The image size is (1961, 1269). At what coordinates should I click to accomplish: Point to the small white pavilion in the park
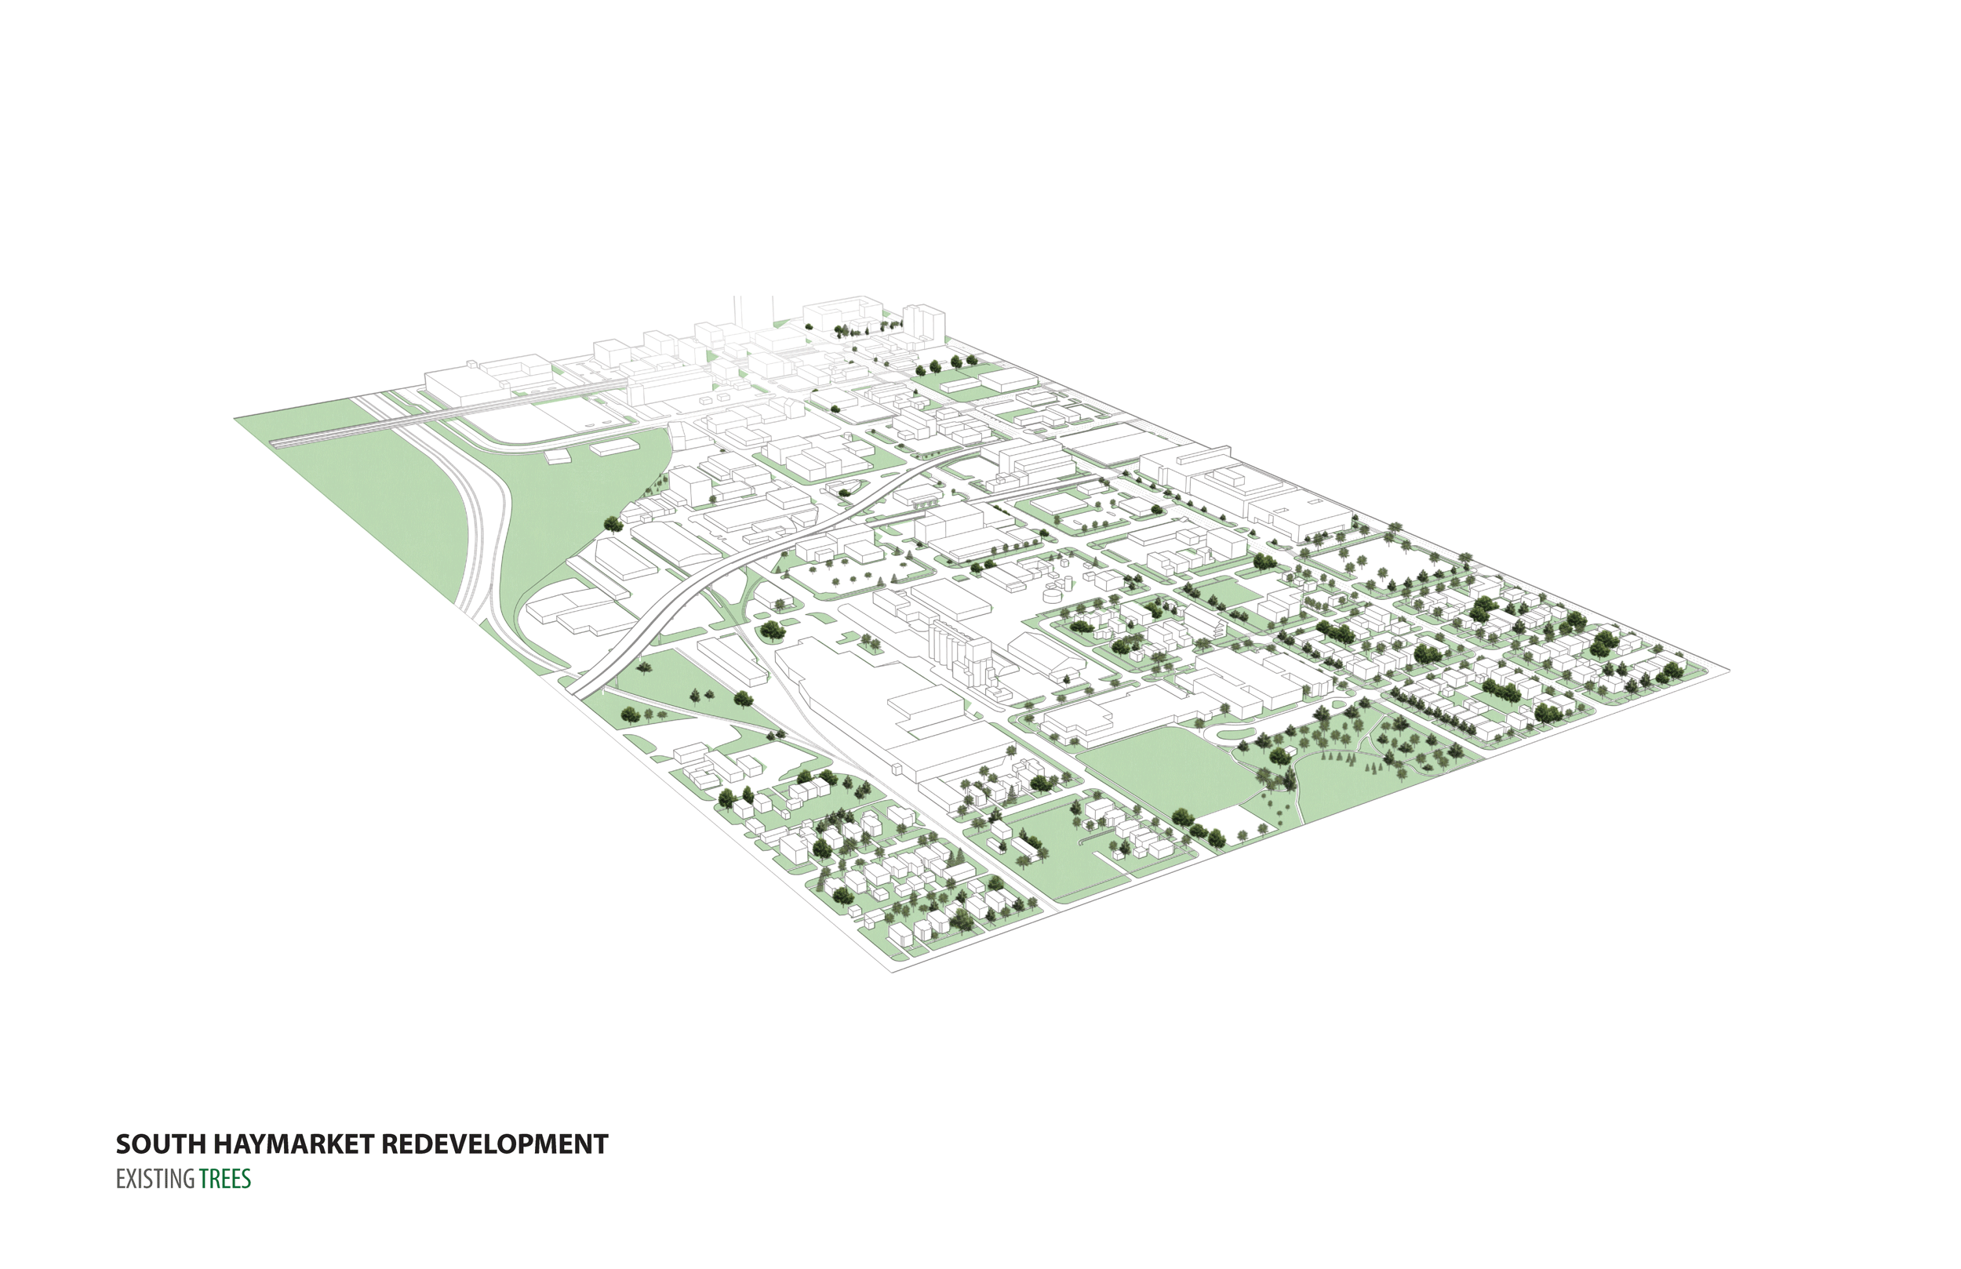(x=1240, y=834)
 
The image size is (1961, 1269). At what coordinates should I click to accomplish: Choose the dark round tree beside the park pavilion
(x=1182, y=817)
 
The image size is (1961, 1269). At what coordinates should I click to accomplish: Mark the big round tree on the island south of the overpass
(x=773, y=631)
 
